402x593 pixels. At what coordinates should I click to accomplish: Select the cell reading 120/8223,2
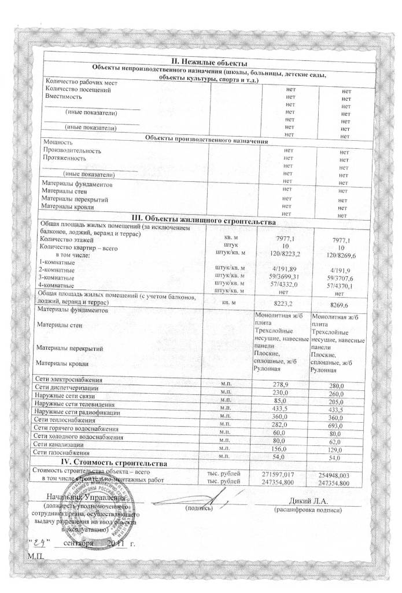(282, 254)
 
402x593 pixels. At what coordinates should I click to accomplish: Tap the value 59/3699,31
(282, 277)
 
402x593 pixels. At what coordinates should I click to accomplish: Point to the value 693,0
(337, 426)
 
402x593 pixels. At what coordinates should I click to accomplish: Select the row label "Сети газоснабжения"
(62, 452)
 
